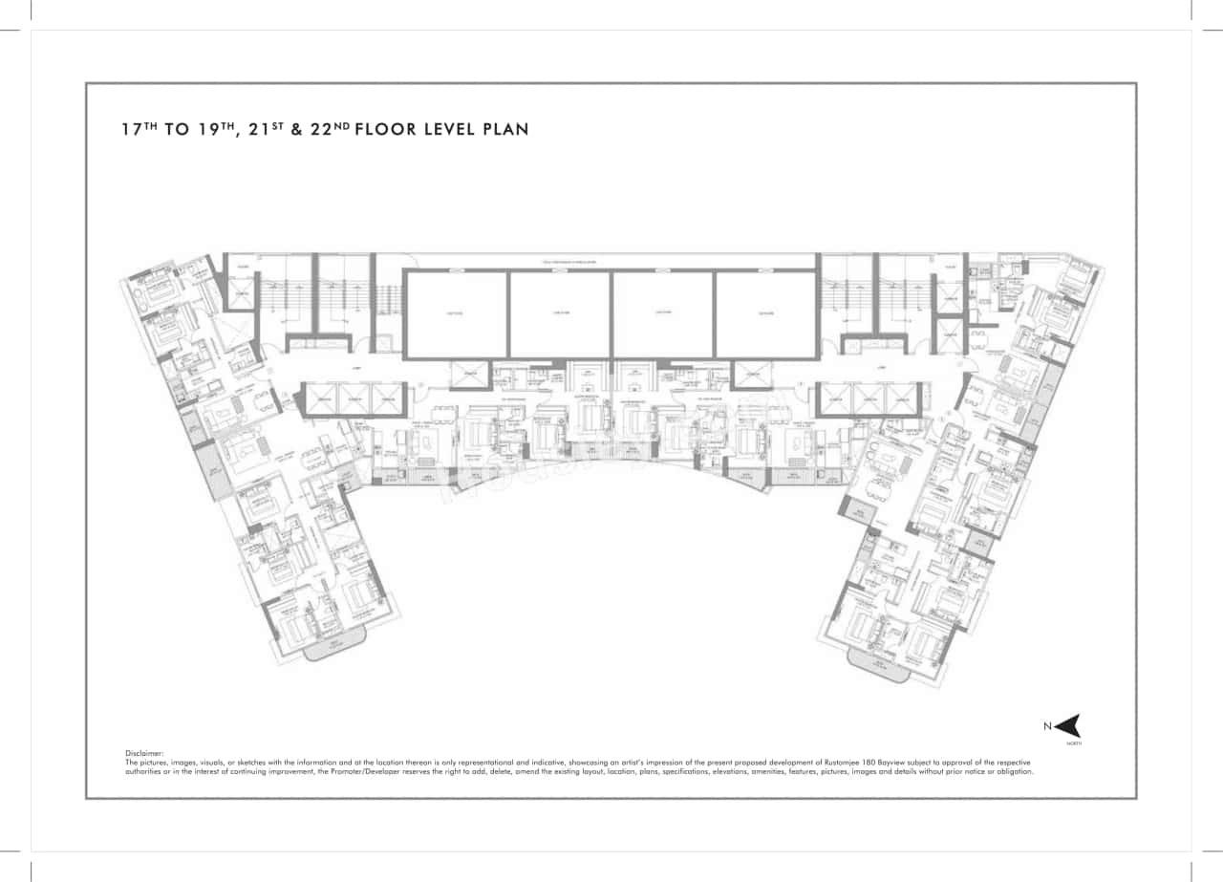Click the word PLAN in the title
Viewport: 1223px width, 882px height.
click(504, 129)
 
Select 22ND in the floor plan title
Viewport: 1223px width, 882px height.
click(325, 128)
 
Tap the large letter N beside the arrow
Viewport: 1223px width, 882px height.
click(1047, 726)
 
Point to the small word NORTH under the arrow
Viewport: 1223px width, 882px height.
click(1074, 742)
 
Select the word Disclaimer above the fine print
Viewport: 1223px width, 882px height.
click(144, 754)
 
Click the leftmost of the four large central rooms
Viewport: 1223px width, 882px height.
click(455, 314)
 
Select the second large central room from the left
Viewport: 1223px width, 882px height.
click(559, 314)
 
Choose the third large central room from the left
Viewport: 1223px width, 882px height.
click(663, 314)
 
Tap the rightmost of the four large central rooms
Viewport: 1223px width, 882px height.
click(766, 314)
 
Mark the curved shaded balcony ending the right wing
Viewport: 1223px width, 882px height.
click(879, 660)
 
